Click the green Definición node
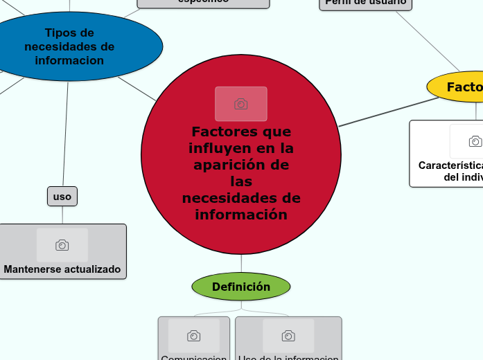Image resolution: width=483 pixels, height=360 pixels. click(240, 287)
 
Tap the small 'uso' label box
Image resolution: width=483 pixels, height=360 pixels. click(62, 197)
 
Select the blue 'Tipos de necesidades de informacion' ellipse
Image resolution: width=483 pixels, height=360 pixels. click(69, 46)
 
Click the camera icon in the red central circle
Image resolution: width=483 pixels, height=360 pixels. click(241, 104)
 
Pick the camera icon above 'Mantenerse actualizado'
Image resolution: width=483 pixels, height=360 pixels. click(62, 245)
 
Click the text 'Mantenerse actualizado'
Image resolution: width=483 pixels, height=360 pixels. click(62, 269)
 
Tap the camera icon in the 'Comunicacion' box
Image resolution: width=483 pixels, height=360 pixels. click(194, 336)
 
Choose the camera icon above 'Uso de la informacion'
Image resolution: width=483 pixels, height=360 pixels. click(288, 336)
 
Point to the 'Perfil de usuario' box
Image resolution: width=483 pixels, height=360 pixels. click(365, 3)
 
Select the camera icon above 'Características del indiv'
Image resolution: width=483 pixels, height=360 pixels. click(475, 142)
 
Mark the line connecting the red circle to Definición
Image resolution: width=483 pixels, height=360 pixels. click(241, 264)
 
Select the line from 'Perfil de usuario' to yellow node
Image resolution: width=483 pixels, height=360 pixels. click(426, 41)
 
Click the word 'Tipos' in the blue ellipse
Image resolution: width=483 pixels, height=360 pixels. click(59, 33)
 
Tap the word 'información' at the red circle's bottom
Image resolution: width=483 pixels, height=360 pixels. click(241, 215)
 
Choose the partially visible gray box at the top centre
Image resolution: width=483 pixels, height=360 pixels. click(203, 3)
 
